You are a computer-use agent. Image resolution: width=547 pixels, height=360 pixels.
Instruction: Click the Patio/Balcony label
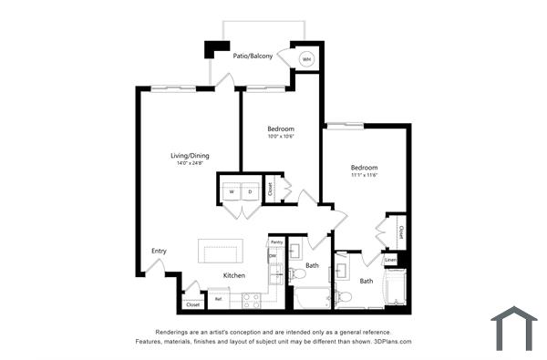point(253,56)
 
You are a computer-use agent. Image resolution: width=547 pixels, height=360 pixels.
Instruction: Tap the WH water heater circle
point(306,59)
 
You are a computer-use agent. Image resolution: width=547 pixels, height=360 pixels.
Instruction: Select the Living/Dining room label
point(191,155)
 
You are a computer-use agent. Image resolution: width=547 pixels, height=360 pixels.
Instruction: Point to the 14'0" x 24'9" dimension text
point(191,163)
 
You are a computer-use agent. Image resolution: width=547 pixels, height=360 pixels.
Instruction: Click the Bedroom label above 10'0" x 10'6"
point(280,129)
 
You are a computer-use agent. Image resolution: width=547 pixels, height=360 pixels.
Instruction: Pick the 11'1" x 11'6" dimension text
point(365,175)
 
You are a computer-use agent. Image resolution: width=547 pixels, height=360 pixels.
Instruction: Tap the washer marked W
point(232,192)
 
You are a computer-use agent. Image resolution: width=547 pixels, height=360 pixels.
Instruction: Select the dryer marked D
point(250,192)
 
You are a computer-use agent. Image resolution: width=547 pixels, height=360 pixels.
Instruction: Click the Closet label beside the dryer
point(270,190)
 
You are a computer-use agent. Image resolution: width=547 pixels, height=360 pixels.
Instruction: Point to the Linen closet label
point(391,260)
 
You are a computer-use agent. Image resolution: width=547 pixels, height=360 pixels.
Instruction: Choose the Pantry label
point(275,242)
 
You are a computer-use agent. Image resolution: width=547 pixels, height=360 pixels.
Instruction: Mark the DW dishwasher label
point(273,256)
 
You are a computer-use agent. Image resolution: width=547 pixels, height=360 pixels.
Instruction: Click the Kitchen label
point(234,274)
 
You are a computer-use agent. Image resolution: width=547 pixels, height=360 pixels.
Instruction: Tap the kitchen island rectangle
point(222,251)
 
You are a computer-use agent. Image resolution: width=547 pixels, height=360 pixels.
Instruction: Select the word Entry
point(160,251)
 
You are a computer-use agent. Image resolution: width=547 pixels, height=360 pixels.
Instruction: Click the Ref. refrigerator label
point(219,298)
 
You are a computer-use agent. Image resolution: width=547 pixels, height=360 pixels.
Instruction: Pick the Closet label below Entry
point(192,304)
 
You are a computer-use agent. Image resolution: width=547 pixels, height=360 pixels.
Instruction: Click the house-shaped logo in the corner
point(513,328)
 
